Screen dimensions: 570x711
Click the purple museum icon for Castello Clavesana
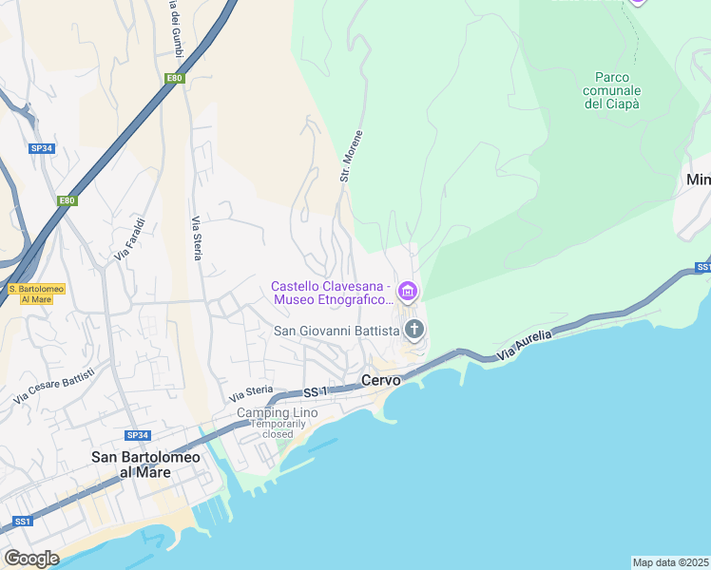(408, 290)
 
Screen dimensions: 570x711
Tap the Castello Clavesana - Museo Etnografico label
(331, 293)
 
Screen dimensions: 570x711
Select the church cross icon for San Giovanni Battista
(413, 330)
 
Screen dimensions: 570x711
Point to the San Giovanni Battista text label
(336, 331)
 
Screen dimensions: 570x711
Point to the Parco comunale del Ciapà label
(613, 90)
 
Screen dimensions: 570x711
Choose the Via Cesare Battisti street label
(54, 387)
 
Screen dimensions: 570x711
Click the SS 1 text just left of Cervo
(316, 391)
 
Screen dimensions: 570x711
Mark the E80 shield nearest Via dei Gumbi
(174, 79)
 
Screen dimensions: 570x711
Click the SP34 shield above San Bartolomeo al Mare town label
(138, 435)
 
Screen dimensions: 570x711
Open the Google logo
(31, 558)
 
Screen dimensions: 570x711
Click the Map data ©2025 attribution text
(670, 562)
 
